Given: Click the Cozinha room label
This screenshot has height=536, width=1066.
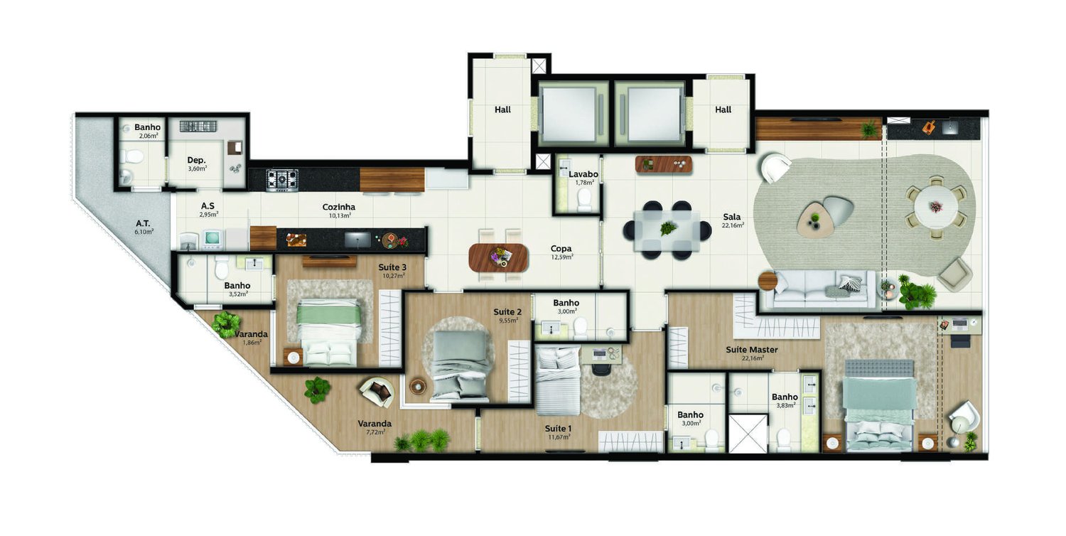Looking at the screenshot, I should point(338,207).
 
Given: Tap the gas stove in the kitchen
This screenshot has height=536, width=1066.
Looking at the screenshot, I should point(282,179).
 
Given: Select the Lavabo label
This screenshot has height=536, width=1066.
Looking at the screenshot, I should point(583,174).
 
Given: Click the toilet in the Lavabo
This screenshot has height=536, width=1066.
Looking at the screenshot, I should point(585,198).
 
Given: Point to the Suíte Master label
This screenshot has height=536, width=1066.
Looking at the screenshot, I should point(752,349).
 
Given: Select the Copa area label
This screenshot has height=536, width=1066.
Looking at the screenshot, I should point(561,249).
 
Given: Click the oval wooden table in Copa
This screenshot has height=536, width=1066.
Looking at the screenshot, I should point(499,257).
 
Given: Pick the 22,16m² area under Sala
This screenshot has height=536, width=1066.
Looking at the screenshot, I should point(732,225).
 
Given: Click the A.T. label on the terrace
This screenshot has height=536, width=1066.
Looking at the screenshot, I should point(143,223).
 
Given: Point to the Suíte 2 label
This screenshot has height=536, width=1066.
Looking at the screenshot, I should point(509,311).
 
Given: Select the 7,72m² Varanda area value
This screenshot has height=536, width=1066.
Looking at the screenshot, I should point(375,432).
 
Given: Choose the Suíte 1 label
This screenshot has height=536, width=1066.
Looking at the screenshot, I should point(558,428).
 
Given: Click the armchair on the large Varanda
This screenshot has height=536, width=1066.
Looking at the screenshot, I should point(377,391).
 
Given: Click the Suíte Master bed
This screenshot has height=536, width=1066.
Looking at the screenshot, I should point(879,405).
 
